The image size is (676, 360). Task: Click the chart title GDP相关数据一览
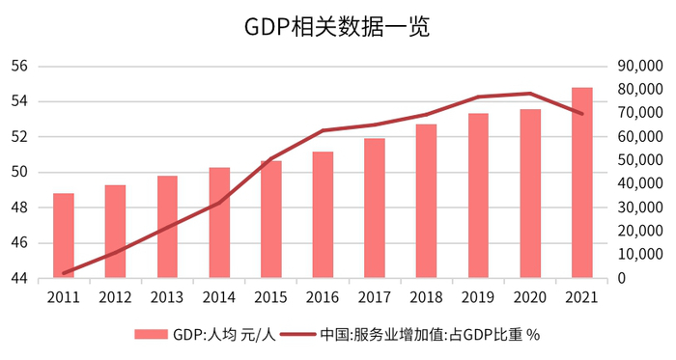point(337,27)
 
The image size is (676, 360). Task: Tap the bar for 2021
point(582,183)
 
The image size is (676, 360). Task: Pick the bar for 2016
point(323,215)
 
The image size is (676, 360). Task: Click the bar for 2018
point(426,202)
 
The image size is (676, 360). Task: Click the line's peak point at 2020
point(530,94)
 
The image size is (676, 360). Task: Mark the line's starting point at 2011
point(64,273)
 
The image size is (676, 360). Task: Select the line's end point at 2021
point(582,114)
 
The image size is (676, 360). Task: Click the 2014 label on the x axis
point(219,296)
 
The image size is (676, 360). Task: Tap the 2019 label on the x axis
point(478,296)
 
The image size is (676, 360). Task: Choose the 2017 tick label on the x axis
point(375,296)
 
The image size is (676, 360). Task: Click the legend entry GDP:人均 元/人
point(206,334)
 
